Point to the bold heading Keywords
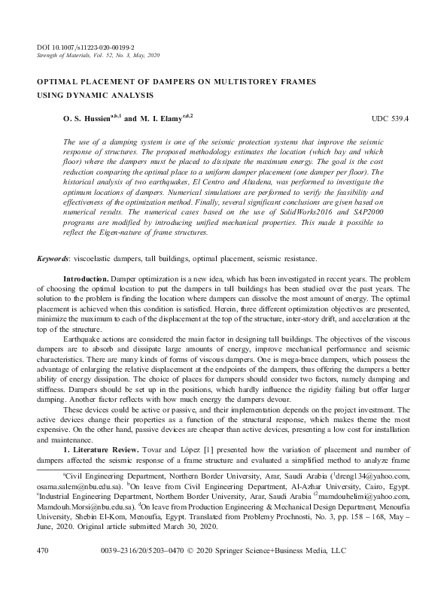tap(53, 259)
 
